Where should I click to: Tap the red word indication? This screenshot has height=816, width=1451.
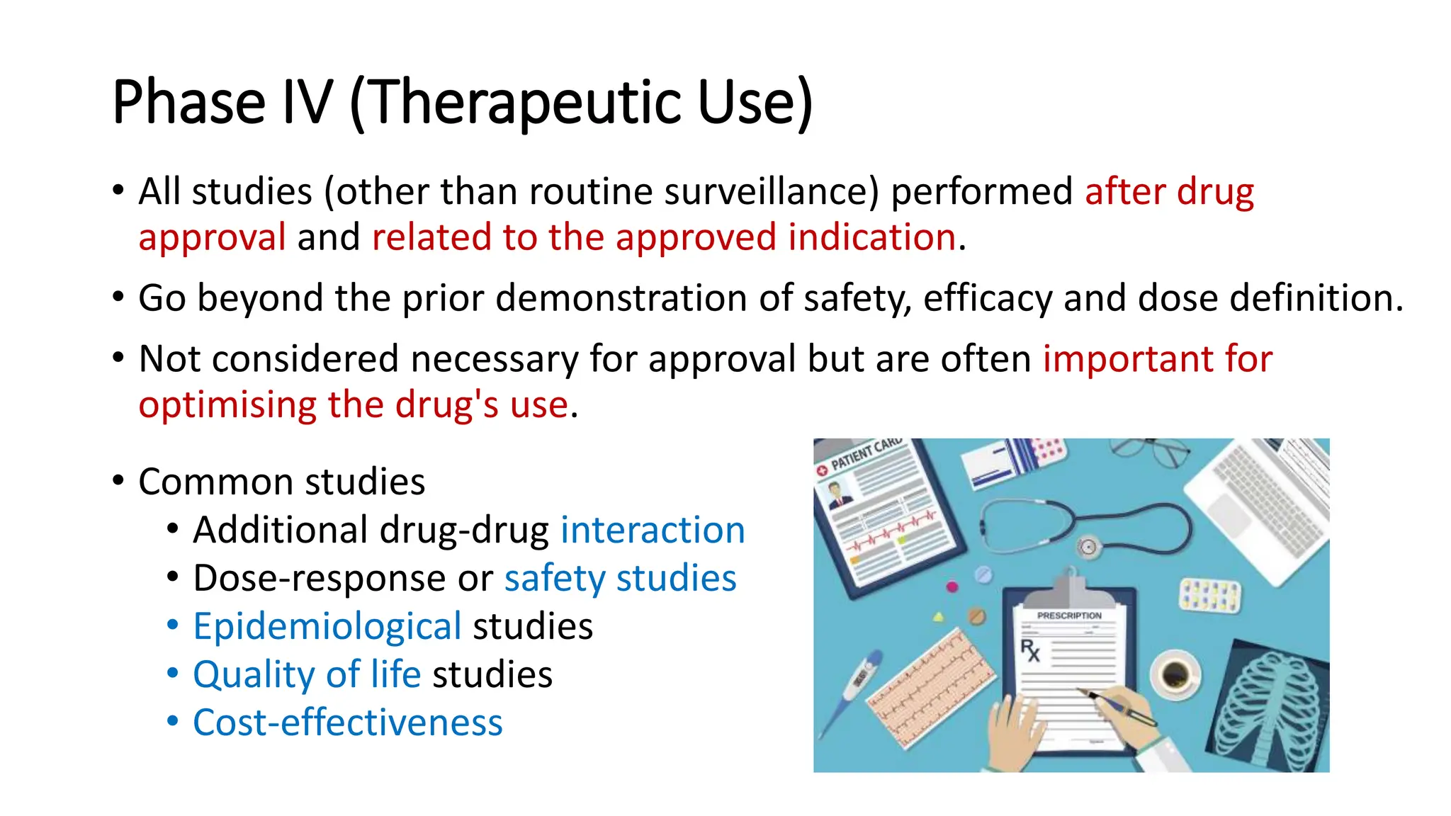pyautogui.click(x=872, y=237)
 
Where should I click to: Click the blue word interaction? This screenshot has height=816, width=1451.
pyautogui.click(x=653, y=531)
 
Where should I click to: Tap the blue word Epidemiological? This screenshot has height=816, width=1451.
pyautogui.click(x=327, y=627)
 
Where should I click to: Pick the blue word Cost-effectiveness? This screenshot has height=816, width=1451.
pyautogui.click(x=347, y=723)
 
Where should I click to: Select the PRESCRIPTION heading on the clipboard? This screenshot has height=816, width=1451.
pyautogui.click(x=1069, y=616)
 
